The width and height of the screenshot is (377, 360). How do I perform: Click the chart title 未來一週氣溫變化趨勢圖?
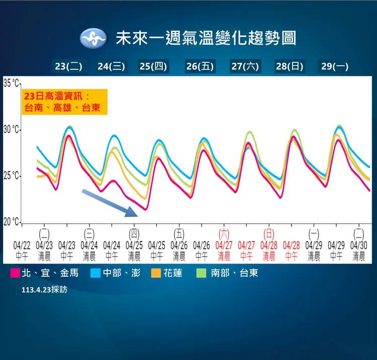pyautogui.click(x=206, y=38)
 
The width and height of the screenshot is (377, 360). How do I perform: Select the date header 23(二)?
pyautogui.click(x=68, y=66)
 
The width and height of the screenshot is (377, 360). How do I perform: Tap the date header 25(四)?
pyautogui.click(x=153, y=66)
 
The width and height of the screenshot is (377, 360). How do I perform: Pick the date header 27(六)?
pyautogui.click(x=245, y=66)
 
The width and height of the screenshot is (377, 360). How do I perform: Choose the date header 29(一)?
pyautogui.click(x=335, y=66)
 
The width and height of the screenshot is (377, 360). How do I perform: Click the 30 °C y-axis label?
pyautogui.click(x=11, y=130)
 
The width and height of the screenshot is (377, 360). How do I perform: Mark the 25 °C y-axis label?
pyautogui.click(x=11, y=176)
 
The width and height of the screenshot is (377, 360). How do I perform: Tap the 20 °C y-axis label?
pyautogui.click(x=11, y=222)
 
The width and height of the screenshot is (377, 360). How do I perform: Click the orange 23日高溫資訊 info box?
pyautogui.click(x=64, y=102)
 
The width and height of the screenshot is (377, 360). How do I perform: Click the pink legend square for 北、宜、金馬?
pyautogui.click(x=15, y=274)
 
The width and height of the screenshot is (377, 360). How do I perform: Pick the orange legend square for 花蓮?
pyautogui.click(x=156, y=274)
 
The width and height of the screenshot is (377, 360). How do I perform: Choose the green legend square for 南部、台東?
pyautogui.click(x=201, y=274)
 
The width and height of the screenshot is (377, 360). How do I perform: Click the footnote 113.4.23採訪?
pyautogui.click(x=44, y=290)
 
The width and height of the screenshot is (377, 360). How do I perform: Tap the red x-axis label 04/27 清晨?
pyautogui.click(x=224, y=251)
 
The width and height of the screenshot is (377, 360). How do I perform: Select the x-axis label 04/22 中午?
pyautogui.click(x=22, y=251)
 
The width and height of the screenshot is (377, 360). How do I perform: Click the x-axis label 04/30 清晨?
pyautogui.click(x=358, y=251)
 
